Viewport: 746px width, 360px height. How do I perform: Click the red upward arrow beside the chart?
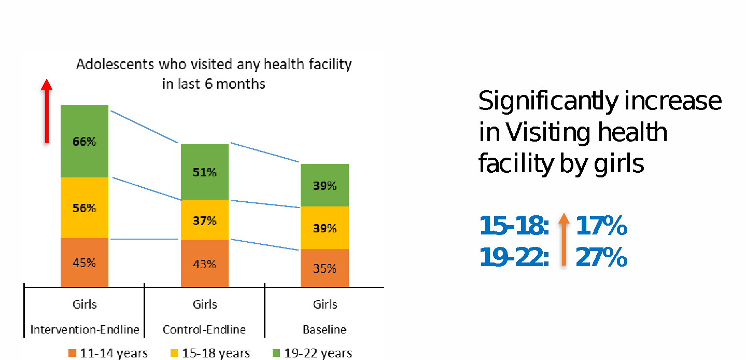click(x=47, y=111)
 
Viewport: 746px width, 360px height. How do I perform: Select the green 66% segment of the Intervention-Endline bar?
click(x=85, y=141)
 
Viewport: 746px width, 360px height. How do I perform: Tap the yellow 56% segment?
click(x=85, y=208)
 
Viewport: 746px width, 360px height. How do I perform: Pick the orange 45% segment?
click(x=85, y=262)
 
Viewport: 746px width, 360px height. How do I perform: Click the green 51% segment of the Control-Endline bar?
click(x=205, y=172)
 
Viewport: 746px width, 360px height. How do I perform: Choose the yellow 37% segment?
click(x=205, y=220)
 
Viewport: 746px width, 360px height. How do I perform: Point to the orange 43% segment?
click(x=205, y=264)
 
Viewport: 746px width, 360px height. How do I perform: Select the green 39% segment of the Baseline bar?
click(x=325, y=186)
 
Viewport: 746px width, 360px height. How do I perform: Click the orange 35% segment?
click(x=325, y=268)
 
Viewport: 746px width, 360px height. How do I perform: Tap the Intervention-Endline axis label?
click(x=85, y=329)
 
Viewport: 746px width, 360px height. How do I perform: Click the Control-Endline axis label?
click(x=204, y=329)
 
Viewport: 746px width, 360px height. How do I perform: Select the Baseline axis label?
click(x=325, y=329)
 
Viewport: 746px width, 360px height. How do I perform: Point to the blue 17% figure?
click(x=601, y=227)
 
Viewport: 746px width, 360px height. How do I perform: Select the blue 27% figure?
click(x=601, y=257)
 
